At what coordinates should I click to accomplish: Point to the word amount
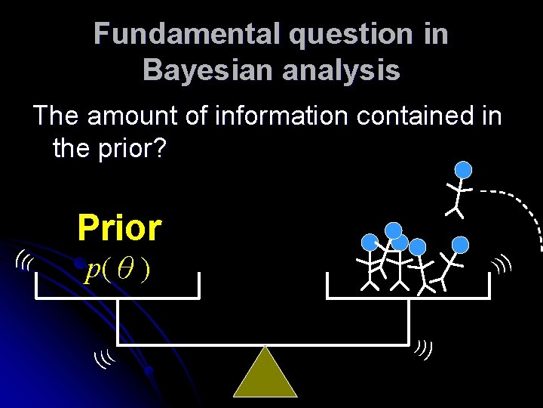[x=127, y=116]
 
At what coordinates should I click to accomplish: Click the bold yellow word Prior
[x=119, y=228]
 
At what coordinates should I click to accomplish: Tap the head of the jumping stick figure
[x=465, y=171]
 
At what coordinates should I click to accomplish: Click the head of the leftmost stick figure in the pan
[x=370, y=242]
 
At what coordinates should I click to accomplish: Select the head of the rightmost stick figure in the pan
[x=460, y=244]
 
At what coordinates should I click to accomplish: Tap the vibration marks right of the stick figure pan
[x=502, y=264]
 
